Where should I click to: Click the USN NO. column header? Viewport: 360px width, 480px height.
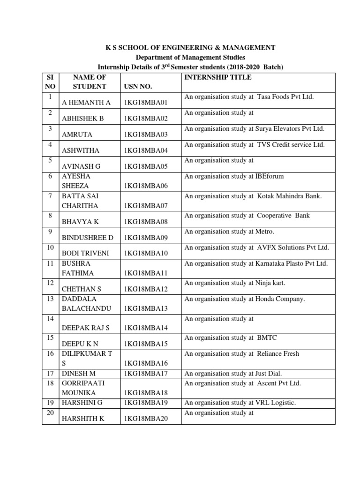tap(138, 87)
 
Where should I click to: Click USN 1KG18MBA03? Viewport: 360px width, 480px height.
tap(145, 135)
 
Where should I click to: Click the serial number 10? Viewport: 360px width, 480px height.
tap(50, 247)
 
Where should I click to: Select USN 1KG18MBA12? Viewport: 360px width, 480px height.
tap(145, 289)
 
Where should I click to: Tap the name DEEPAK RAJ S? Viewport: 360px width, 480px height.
tap(85, 328)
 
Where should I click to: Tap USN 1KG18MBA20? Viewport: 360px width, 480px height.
tap(145, 419)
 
